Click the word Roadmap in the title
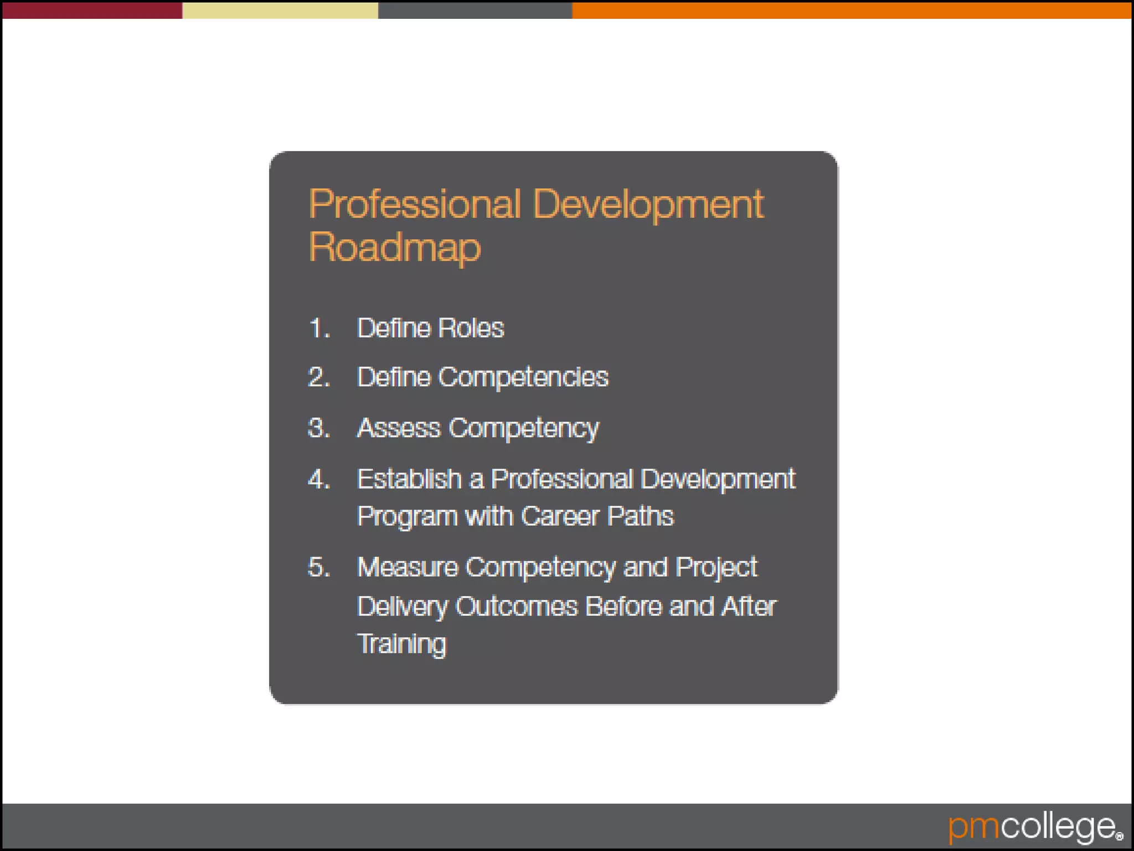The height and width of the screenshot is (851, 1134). [395, 248]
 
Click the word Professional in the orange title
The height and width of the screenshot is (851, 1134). [415, 204]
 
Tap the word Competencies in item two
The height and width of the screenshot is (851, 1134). [523, 377]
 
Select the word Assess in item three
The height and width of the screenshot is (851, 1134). [399, 428]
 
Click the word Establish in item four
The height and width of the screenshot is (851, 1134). [409, 479]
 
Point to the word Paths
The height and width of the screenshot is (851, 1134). [640, 516]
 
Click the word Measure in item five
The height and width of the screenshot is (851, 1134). [408, 567]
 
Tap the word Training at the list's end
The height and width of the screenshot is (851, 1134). [401, 644]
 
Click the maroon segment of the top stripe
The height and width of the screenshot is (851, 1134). [92, 10]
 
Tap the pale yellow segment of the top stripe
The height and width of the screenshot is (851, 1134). [280, 10]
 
